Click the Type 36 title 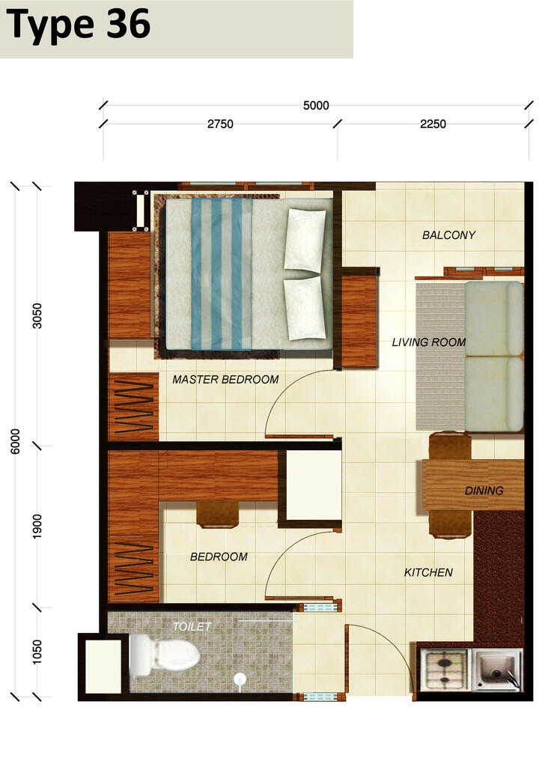[78, 25]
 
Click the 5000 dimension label [316, 105]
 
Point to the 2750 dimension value [220, 124]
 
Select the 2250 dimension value [433, 124]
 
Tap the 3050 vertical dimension [37, 315]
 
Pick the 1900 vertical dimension [37, 527]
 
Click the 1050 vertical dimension [37, 652]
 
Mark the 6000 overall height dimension [16, 441]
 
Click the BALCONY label [448, 235]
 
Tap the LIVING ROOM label [429, 342]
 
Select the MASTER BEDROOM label [225, 380]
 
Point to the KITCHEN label [428, 572]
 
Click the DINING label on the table [484, 491]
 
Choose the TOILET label [192, 627]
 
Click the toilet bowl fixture [165, 655]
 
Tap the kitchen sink [497, 670]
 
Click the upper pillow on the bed [305, 240]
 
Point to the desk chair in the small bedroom [218, 515]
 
